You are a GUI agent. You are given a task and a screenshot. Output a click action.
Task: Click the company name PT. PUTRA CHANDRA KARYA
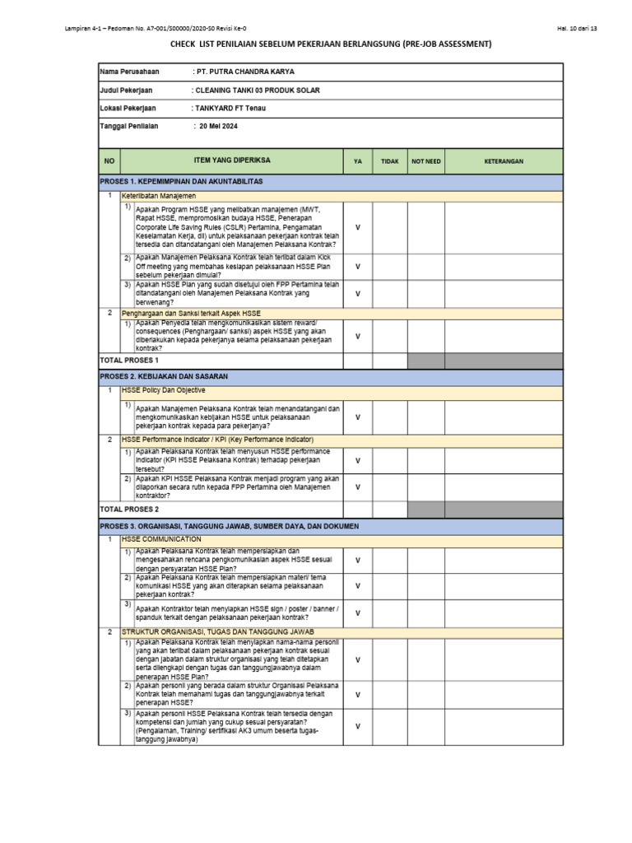(243, 72)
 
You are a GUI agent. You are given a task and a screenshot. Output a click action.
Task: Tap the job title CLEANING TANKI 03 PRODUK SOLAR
(256, 90)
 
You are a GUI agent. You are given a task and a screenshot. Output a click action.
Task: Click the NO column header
(109, 161)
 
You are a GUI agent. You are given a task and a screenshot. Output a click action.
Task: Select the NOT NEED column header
(426, 161)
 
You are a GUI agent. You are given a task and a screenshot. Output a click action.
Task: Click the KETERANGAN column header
(504, 161)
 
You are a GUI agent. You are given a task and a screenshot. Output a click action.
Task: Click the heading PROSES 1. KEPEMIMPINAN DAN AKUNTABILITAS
(181, 181)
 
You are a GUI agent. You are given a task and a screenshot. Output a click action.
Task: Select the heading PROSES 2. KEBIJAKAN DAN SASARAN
(163, 376)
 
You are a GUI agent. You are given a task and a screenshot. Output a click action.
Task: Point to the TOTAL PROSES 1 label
(129, 361)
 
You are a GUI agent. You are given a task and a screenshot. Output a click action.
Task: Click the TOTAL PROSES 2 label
(129, 510)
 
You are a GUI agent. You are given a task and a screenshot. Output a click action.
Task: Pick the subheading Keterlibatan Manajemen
(159, 196)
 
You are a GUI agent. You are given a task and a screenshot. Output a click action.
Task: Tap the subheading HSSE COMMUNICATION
(161, 539)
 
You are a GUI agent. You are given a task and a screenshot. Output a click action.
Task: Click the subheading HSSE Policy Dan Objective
(164, 390)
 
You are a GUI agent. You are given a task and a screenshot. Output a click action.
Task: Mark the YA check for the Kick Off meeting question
(357, 267)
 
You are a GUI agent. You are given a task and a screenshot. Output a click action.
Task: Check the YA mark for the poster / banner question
(357, 612)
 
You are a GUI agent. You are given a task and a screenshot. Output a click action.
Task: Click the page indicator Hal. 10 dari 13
(576, 29)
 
